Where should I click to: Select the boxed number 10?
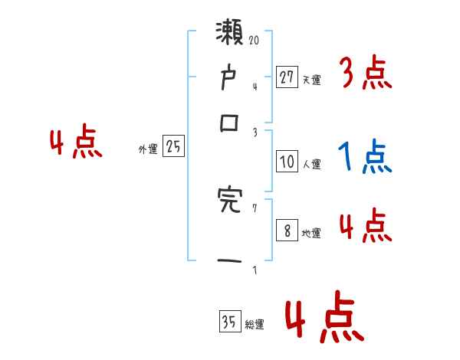[x=287, y=162]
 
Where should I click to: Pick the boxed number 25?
[x=173, y=147]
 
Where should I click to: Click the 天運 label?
[x=311, y=79]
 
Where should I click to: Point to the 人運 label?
[x=311, y=164]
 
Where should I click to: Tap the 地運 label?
[x=311, y=234]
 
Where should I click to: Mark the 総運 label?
[x=255, y=325]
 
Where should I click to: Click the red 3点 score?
[x=366, y=74]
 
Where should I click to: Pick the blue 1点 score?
[x=364, y=159]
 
